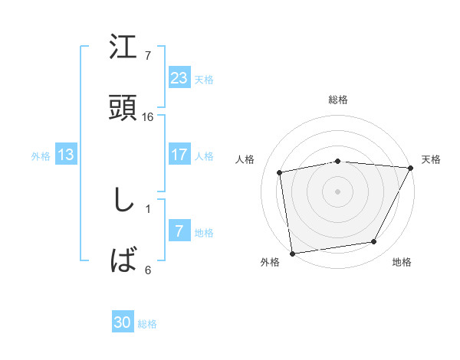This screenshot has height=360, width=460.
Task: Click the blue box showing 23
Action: [x=179, y=78]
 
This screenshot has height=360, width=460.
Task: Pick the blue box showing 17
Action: [x=179, y=155]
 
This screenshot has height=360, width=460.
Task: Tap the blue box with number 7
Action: [x=179, y=231]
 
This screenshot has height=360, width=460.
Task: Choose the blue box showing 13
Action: [x=66, y=155]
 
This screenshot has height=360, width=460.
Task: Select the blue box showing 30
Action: [x=123, y=323]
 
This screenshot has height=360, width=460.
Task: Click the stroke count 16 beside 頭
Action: [x=148, y=116]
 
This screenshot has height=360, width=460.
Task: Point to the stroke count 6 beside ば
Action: [x=148, y=270]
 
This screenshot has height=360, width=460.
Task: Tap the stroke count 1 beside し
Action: [x=148, y=208]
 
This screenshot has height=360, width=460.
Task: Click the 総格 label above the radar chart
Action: [x=338, y=100]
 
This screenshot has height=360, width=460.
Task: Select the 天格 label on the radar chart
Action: [x=432, y=159]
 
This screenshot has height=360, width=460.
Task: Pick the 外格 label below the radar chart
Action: [x=270, y=262]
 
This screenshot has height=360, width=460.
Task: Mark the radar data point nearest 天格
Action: [x=410, y=168]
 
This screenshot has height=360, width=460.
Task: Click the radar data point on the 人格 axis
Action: [x=280, y=172]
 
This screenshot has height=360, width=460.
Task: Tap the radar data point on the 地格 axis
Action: [x=374, y=242]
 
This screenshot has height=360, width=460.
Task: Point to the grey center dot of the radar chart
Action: [x=338, y=191]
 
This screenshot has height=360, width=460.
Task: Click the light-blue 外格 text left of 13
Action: [x=41, y=156]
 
